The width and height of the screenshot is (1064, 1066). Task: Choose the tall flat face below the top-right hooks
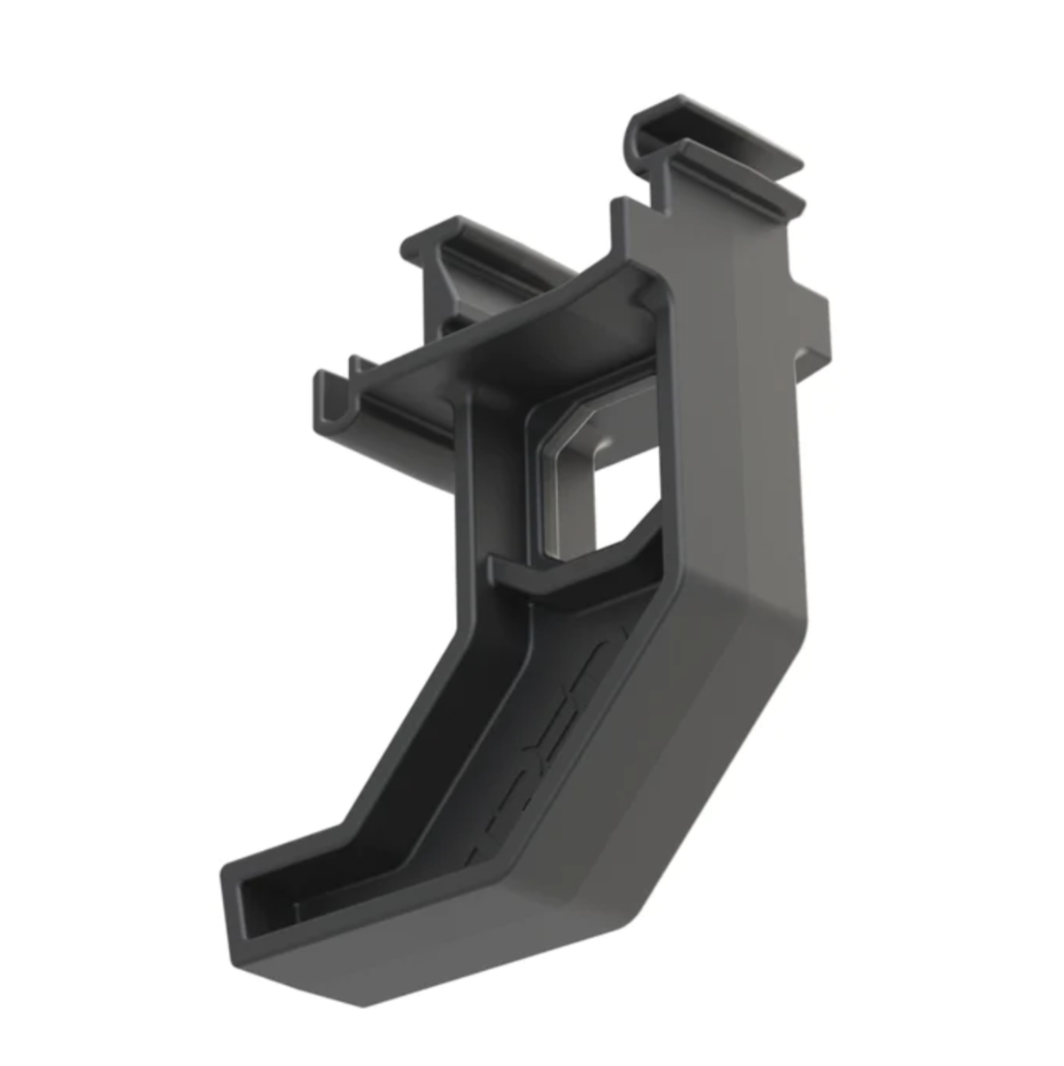(x=737, y=355)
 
